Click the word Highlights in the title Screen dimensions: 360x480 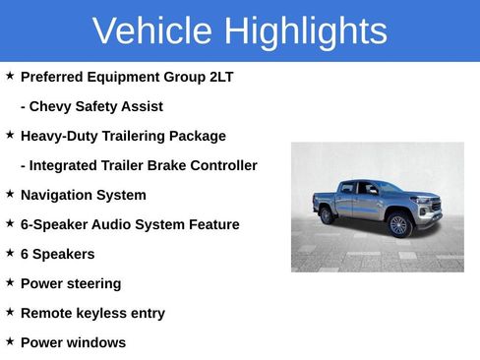click(305, 31)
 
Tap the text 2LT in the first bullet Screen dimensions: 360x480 click(221, 77)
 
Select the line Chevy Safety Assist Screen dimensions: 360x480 click(91, 106)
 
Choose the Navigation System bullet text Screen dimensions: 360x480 click(83, 195)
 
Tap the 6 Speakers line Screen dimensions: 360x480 click(57, 254)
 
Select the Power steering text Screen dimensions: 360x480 click(71, 283)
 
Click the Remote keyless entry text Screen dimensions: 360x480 click(92, 313)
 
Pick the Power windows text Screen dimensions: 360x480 click(73, 342)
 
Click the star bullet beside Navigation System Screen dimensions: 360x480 click(10, 194)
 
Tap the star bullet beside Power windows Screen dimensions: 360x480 click(10, 341)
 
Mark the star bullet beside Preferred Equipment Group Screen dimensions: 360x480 click(10, 76)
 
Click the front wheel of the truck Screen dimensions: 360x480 click(398, 225)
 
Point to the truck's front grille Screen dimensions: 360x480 click(430, 208)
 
